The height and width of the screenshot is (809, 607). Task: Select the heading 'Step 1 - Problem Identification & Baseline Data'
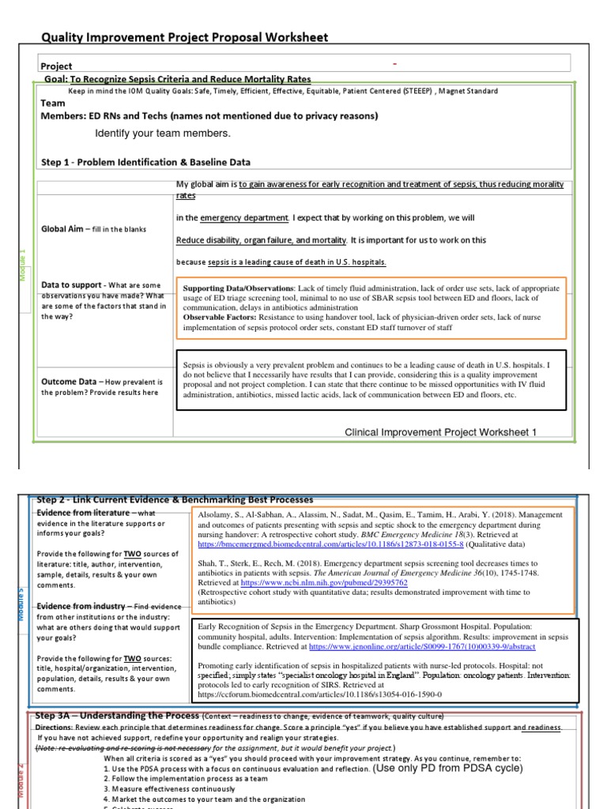coord(145,162)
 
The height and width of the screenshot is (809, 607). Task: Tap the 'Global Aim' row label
coord(63,229)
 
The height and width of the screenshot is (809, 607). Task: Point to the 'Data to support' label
coord(71,285)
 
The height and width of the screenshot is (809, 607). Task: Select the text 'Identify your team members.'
coord(163,133)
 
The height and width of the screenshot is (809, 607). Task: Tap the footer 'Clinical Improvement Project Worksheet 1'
coord(440,432)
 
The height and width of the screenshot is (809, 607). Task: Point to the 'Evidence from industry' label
coord(81,606)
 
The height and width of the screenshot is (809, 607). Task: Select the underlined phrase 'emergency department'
coord(244,218)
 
